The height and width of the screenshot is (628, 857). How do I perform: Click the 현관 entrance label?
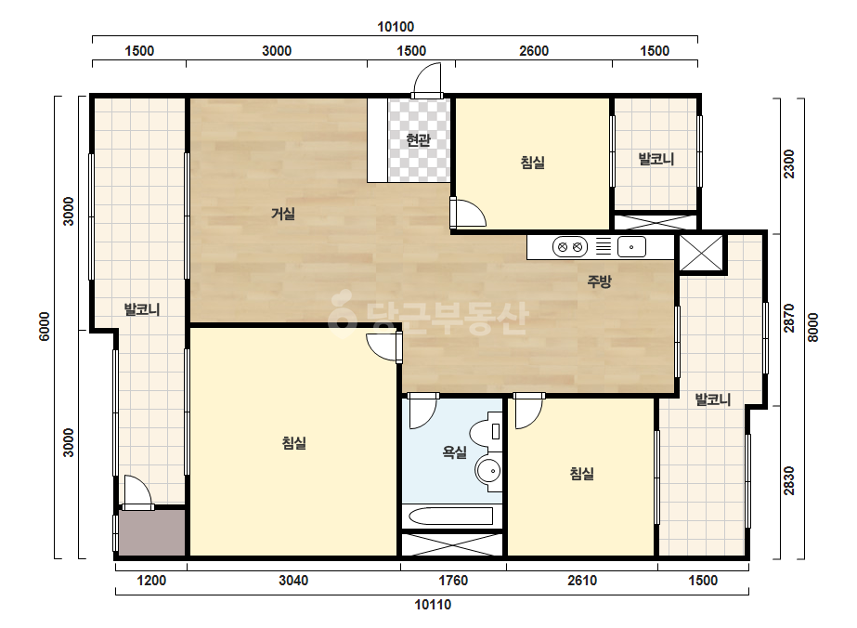coord(418,140)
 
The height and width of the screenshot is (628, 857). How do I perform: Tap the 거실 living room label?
coord(283,214)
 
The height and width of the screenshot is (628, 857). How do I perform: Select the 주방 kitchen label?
coord(599,281)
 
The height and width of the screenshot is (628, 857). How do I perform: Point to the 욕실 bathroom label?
coord(455,451)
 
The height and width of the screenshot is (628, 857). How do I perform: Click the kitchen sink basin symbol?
coord(631,247)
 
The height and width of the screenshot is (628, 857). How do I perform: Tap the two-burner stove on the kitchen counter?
coord(569,247)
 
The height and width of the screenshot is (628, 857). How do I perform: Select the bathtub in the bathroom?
coord(450,516)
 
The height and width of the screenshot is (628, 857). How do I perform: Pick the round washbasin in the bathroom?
coord(488,470)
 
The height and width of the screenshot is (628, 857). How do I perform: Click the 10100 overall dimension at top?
coord(396,26)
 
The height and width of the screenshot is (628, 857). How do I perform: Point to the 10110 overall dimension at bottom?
coord(433,605)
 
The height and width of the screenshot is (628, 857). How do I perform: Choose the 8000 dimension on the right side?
coord(813,328)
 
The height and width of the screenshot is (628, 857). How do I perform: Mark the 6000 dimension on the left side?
coord(45,327)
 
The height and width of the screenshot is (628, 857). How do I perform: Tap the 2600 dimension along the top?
coord(534,51)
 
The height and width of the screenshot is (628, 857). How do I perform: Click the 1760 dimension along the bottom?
coord(454,580)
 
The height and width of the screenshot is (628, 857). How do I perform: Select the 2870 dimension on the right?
coord(789,319)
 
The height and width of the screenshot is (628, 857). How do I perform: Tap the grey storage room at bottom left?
coord(152,533)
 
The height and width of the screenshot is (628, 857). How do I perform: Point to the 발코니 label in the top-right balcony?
coord(656,159)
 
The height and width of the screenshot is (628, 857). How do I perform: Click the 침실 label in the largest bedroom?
coord(294,442)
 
